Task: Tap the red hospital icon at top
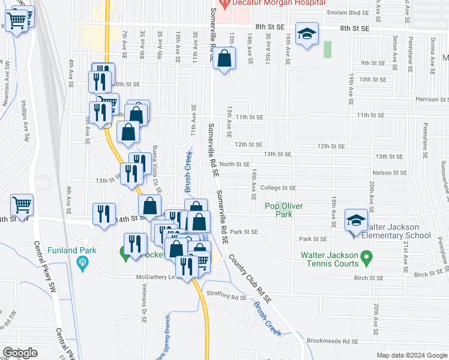click(x=224, y=4)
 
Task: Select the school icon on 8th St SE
click(x=307, y=35)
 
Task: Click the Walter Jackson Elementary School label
click(x=399, y=235)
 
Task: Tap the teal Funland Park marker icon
click(x=82, y=262)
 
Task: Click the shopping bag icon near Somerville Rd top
click(x=224, y=58)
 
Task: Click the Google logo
click(x=20, y=353)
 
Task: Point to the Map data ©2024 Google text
click(x=411, y=355)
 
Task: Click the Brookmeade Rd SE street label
click(x=332, y=341)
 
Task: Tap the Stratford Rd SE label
click(x=227, y=296)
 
